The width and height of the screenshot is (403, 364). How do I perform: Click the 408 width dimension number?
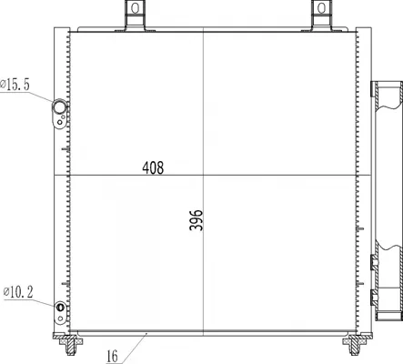[x=153, y=167]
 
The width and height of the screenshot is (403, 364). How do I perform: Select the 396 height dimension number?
[x=196, y=220]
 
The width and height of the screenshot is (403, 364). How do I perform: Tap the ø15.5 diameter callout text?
[x=15, y=85]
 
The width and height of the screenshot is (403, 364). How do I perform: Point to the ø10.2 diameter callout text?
[x=18, y=292]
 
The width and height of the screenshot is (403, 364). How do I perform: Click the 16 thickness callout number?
[x=112, y=357]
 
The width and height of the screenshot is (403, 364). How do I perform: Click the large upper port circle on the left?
[x=59, y=106]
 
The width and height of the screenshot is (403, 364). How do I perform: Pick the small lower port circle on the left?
[x=60, y=307]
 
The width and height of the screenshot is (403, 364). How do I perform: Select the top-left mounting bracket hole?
[x=136, y=8]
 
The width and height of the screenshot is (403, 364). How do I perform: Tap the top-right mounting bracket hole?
[x=321, y=8]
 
